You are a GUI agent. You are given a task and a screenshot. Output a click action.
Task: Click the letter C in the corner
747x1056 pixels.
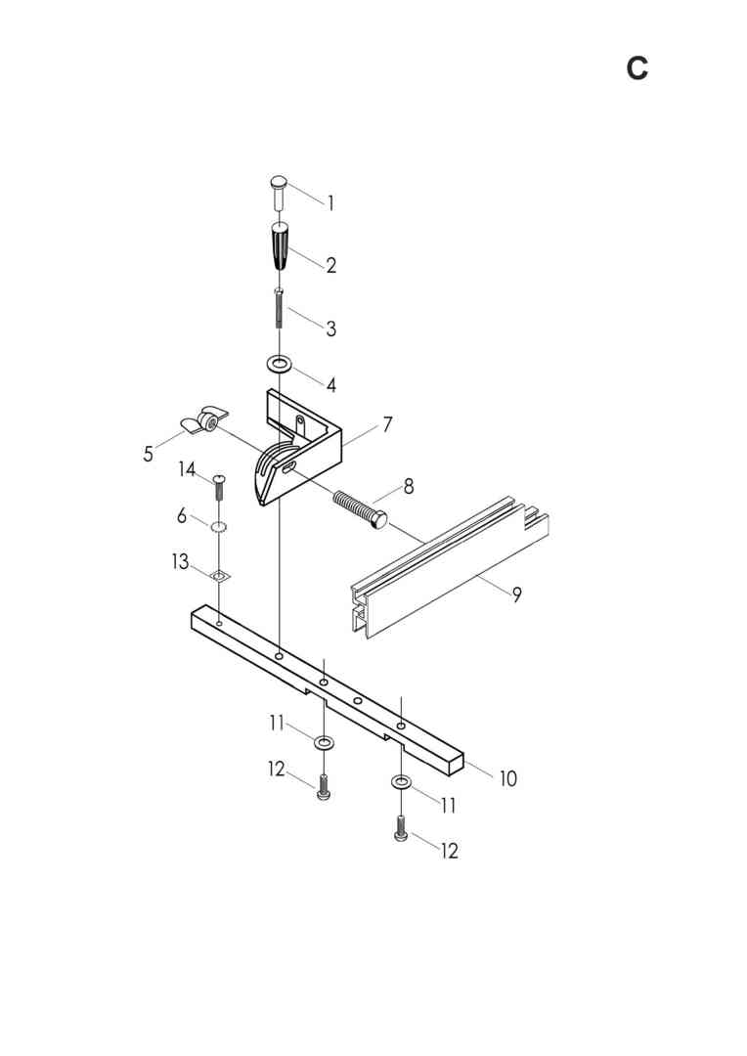click(x=637, y=68)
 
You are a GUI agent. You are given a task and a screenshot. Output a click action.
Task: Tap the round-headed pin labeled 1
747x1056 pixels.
click(x=279, y=192)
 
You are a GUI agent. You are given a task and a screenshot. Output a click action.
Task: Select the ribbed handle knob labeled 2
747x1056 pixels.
click(x=280, y=245)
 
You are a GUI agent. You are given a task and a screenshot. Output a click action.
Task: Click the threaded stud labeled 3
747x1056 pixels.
click(x=279, y=308)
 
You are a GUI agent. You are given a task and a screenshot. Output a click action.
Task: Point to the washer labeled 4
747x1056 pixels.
click(x=280, y=365)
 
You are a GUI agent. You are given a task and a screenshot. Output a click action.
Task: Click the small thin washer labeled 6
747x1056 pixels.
click(x=218, y=526)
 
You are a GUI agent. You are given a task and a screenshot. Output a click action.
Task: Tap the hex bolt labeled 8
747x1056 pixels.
click(x=361, y=509)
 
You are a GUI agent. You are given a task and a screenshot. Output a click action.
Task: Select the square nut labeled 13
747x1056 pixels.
click(x=219, y=576)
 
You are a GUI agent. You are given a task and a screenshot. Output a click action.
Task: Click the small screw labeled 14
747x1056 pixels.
click(x=219, y=488)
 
